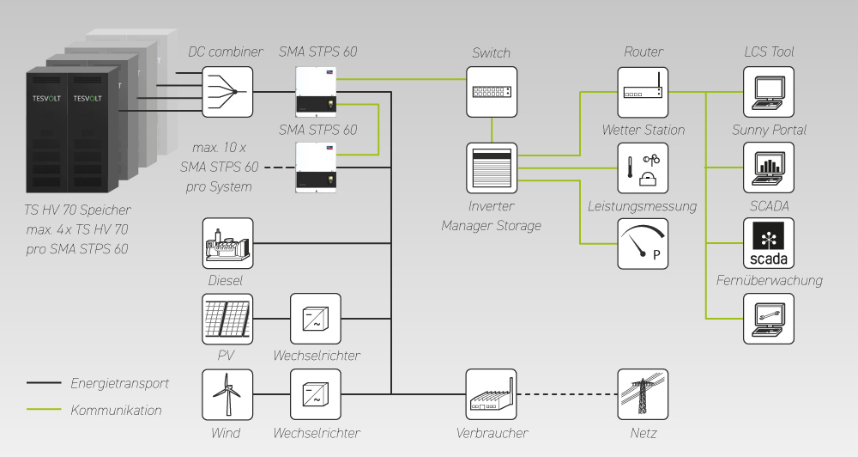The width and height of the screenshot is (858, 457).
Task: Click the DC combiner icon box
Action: click(x=227, y=92)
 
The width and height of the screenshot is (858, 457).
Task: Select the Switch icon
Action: click(x=492, y=92)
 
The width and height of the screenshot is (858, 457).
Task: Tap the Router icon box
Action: click(x=643, y=92)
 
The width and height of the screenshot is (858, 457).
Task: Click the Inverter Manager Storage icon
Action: click(x=492, y=168)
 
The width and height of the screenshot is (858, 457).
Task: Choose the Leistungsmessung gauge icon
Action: click(x=643, y=243)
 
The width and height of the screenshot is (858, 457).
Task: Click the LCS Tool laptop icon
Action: click(x=769, y=92)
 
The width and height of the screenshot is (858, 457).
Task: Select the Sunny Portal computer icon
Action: click(x=769, y=168)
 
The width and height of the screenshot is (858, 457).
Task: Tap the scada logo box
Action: click(x=769, y=243)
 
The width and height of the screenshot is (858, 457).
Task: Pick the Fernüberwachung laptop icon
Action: click(x=769, y=319)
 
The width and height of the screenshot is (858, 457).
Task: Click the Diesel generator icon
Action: click(x=227, y=243)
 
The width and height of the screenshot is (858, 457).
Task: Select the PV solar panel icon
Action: click(x=227, y=319)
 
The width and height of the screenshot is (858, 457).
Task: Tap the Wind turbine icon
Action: click(x=227, y=394)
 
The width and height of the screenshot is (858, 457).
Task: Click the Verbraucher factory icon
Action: click(x=492, y=394)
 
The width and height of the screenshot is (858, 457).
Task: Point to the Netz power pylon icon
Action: click(x=643, y=394)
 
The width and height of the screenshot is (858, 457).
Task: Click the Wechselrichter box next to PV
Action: click(x=316, y=319)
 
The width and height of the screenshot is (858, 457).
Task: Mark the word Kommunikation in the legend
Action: click(x=116, y=410)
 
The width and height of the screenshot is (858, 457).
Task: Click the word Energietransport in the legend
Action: click(x=119, y=383)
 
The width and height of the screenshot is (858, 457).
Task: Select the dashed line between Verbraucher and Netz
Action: click(x=567, y=394)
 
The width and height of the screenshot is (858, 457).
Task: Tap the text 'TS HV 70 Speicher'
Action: click(x=78, y=209)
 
